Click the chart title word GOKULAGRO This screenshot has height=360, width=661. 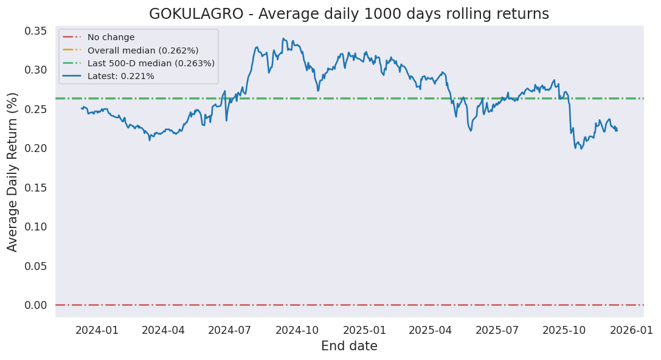click(194, 14)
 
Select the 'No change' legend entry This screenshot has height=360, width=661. click(111, 38)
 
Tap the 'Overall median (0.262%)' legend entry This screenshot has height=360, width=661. click(143, 50)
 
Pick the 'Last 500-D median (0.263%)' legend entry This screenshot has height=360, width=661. click(151, 63)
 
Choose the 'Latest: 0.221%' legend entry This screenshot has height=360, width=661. click(120, 76)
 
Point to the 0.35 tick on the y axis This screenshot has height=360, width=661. click(36, 30)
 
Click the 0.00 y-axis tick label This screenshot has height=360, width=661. click(36, 305)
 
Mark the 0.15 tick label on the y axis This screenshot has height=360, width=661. click(36, 187)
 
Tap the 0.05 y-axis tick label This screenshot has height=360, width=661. click(36, 266)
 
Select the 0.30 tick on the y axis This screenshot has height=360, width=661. click(36, 70)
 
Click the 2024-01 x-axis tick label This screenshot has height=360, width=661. click(97, 330)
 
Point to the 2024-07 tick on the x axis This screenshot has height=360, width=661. click(230, 330)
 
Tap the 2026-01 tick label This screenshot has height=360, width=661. click(632, 330)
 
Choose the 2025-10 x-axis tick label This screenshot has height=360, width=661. click(564, 330)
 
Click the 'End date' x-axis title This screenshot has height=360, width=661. click(349, 347)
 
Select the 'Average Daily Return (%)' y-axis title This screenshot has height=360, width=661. click(13, 171)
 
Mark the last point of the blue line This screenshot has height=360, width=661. click(617, 130)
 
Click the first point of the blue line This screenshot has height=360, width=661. click(81, 108)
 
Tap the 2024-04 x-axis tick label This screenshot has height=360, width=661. click(163, 330)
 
